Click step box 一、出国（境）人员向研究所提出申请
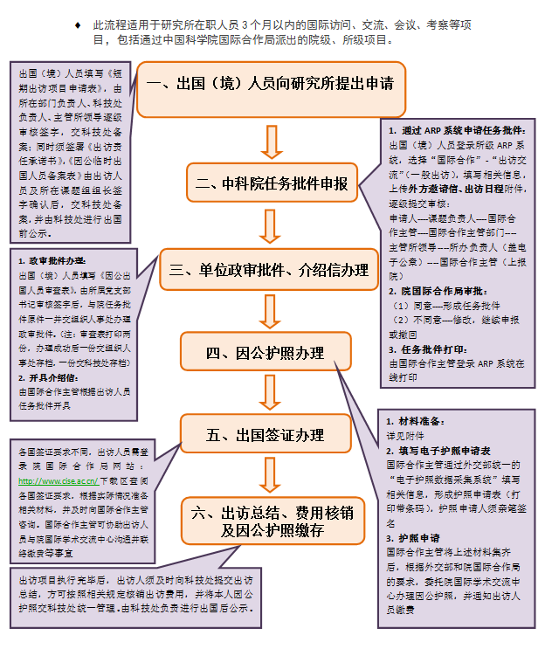(270, 86)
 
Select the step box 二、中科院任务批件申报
(272, 184)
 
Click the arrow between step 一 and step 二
(272, 140)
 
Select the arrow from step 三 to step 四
(271, 313)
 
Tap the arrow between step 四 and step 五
(271, 394)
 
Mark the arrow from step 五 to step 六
(271, 476)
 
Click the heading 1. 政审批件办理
(52, 260)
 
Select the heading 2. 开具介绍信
(48, 377)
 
